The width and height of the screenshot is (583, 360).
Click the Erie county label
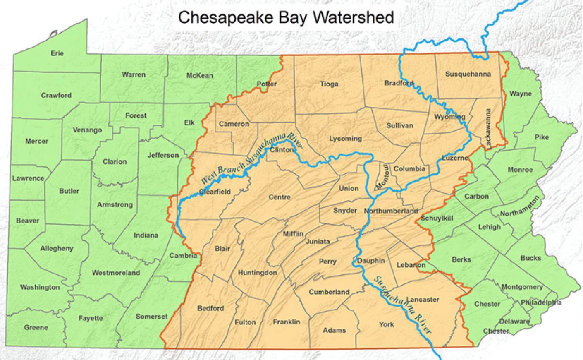coord(57,53)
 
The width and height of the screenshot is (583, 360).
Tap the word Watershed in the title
coord(353,17)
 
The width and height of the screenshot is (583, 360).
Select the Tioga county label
coord(329,84)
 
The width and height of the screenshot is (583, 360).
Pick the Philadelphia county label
coord(541,302)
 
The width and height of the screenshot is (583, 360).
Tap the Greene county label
coord(36,327)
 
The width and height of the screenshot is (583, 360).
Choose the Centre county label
coord(280,197)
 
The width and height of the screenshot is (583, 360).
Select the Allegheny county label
coord(57,248)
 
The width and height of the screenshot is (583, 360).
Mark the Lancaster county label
coord(423,299)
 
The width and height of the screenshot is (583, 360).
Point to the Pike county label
coord(542,137)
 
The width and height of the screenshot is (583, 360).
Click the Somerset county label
coord(152,317)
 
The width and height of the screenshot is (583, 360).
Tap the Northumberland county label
coord(391,211)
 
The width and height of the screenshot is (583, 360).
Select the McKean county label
coord(200,75)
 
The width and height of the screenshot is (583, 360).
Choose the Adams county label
coord(334,330)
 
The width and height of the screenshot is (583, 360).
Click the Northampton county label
coord(520,206)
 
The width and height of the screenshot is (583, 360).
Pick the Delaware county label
coord(514,321)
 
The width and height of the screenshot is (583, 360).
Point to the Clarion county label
coord(115,162)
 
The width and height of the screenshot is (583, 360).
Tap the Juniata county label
coord(318,242)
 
